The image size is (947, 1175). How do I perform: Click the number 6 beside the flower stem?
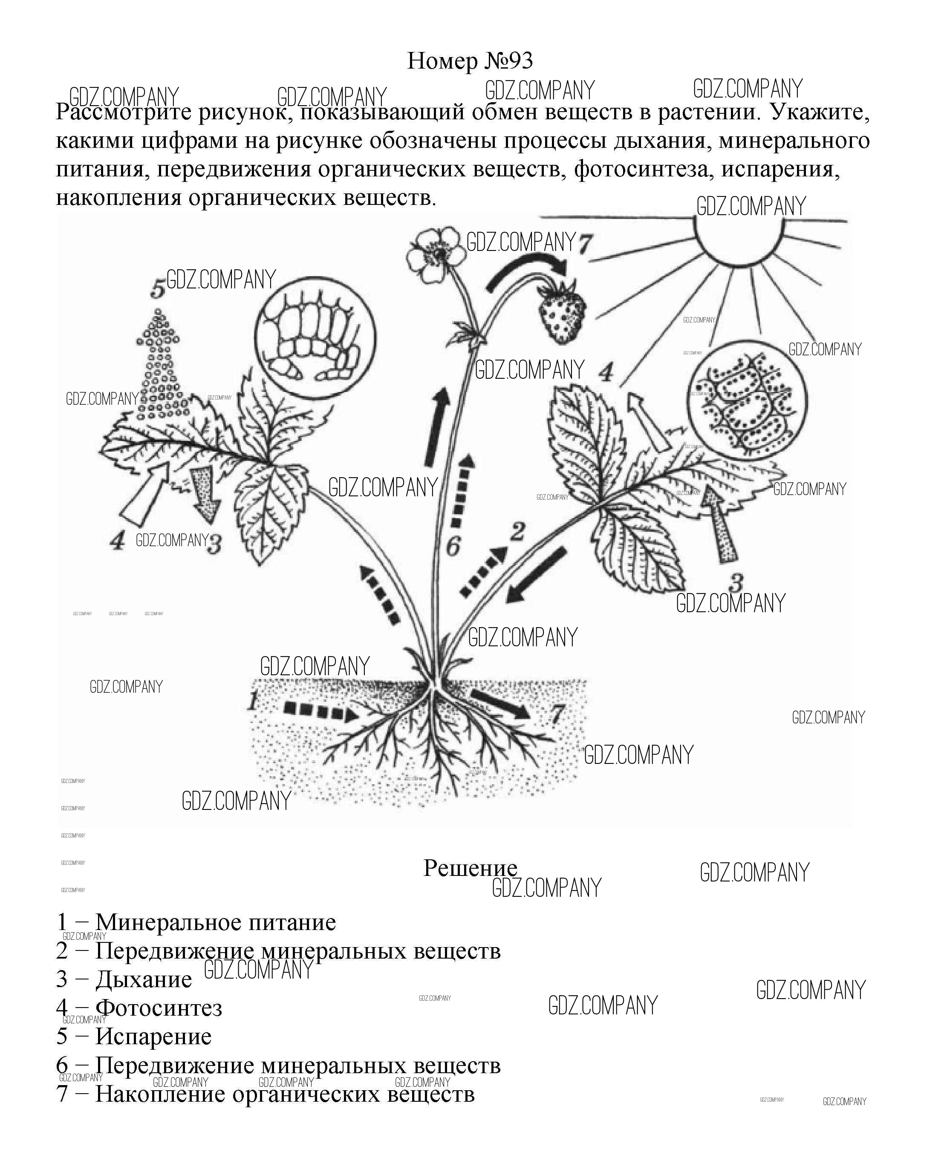453,546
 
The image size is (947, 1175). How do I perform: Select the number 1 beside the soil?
251,701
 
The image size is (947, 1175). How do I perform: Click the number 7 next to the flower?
585,244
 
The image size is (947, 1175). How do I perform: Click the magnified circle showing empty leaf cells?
316,335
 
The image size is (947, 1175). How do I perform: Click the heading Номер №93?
470,61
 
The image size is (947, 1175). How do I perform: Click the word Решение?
470,868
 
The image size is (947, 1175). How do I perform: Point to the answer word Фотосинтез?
159,1008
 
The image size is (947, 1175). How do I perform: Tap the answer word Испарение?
153,1036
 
